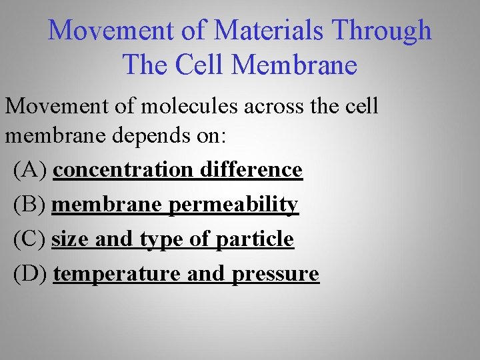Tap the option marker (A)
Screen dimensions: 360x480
30,170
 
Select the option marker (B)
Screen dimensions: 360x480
29,205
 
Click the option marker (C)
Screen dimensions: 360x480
29,239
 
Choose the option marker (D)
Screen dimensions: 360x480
30,273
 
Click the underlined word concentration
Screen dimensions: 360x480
123,170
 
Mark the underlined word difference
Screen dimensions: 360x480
251,170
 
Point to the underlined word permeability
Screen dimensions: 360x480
233,205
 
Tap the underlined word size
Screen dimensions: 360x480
71,239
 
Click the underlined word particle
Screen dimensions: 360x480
255,239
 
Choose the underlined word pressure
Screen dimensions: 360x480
276,274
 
